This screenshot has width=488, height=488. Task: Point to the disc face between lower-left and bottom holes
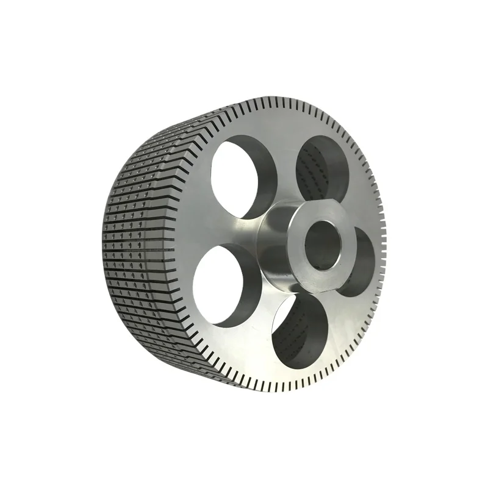click(256, 329)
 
